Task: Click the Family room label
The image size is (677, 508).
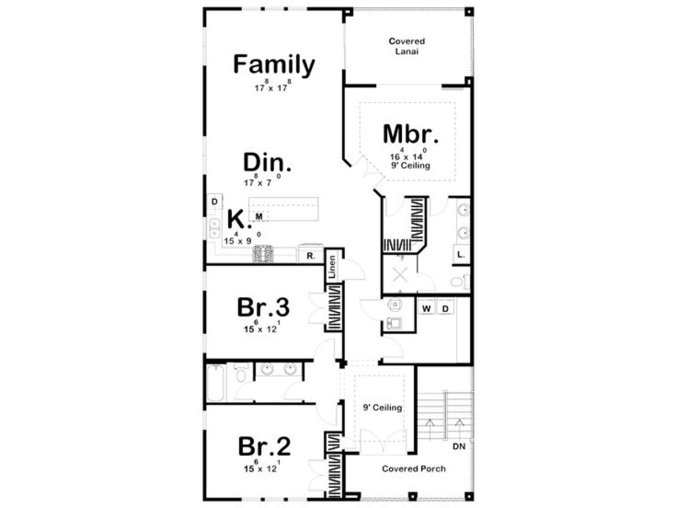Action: click(x=274, y=65)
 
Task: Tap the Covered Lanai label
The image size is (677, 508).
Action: click(x=407, y=46)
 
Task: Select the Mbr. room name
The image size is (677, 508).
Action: click(x=410, y=134)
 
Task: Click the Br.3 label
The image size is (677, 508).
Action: click(x=264, y=307)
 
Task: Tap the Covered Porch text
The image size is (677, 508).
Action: click(x=413, y=469)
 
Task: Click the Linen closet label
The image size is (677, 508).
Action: click(x=333, y=267)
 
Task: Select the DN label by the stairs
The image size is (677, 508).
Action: click(x=459, y=446)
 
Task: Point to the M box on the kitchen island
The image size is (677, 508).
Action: click(x=259, y=216)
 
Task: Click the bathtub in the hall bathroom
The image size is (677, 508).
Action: click(x=216, y=383)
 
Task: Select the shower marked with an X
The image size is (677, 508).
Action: click(x=400, y=274)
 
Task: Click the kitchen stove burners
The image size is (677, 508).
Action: click(x=263, y=254)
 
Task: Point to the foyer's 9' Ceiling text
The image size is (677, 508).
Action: click(x=383, y=407)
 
